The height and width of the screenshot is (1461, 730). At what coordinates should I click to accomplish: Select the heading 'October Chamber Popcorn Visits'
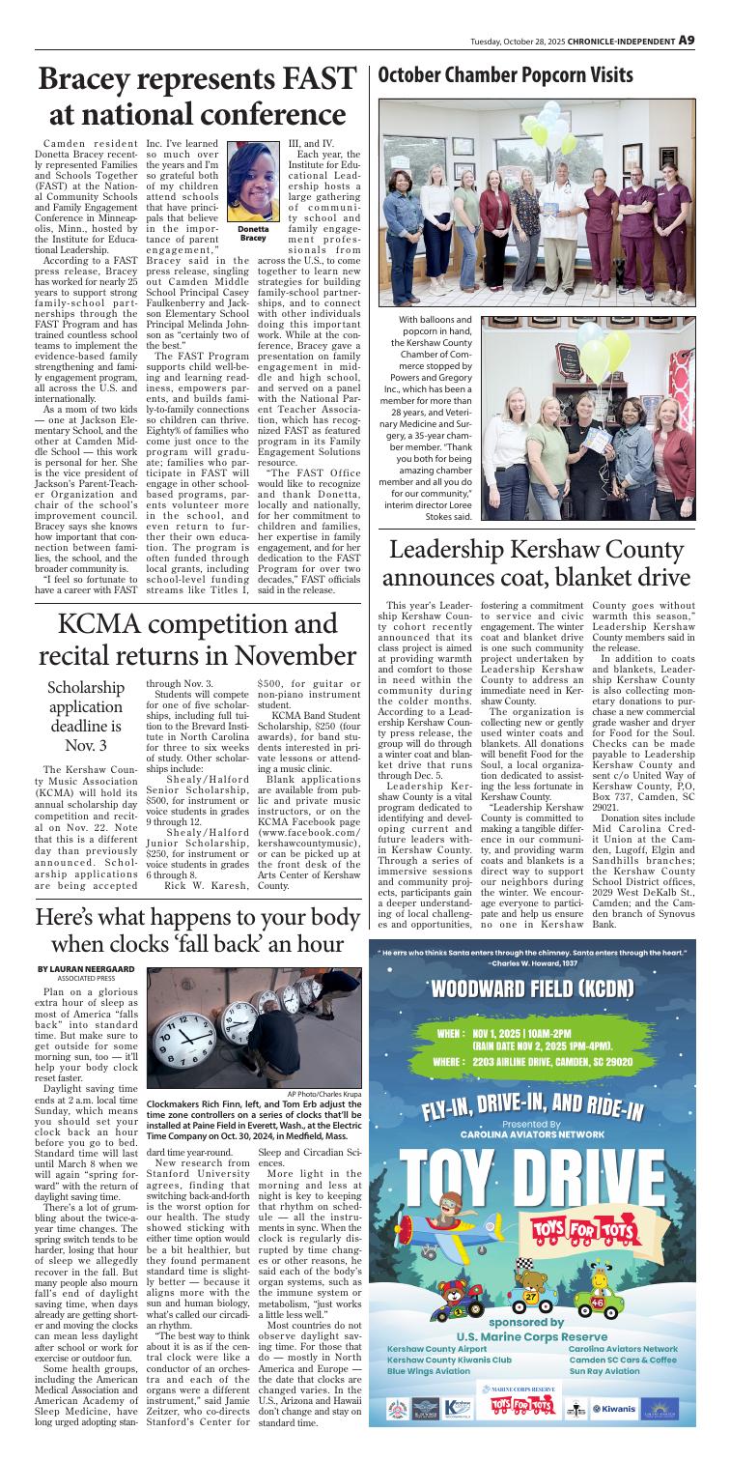point(507,74)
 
